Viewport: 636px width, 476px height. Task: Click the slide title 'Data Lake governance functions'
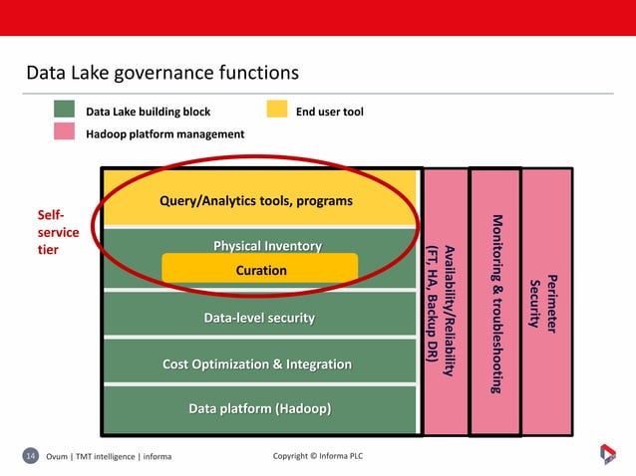pos(161,74)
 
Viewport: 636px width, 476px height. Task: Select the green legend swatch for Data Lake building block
pos(65,112)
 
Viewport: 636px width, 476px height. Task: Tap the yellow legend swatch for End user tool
pos(276,112)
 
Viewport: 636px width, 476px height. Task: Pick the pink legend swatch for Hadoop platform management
pos(65,132)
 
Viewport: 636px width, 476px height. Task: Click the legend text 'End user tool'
pos(330,112)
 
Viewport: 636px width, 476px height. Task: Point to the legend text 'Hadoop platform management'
pos(164,133)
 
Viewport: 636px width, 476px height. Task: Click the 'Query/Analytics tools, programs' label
pos(256,201)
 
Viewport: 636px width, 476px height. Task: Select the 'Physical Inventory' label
pos(261,246)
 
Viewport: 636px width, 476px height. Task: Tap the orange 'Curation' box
pos(260,270)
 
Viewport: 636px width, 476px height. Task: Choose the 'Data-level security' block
pos(259,318)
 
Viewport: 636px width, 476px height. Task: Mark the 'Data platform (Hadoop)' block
pos(259,409)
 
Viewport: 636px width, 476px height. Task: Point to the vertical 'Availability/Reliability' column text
pos(444,309)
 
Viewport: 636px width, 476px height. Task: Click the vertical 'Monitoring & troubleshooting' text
pos(495,302)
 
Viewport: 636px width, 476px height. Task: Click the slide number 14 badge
pos(30,456)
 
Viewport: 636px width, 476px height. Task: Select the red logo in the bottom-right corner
pos(608,454)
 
